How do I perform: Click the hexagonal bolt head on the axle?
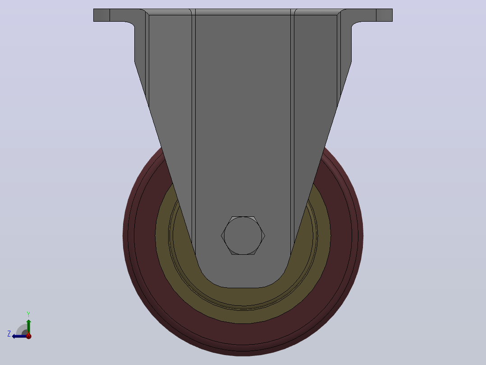click(243, 236)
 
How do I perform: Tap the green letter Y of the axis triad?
click(28, 314)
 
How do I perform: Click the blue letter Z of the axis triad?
click(9, 334)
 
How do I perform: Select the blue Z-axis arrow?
click(19, 336)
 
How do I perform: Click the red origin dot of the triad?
click(28, 336)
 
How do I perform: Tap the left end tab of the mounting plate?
click(102, 15)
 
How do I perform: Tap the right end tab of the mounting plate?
click(384, 15)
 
